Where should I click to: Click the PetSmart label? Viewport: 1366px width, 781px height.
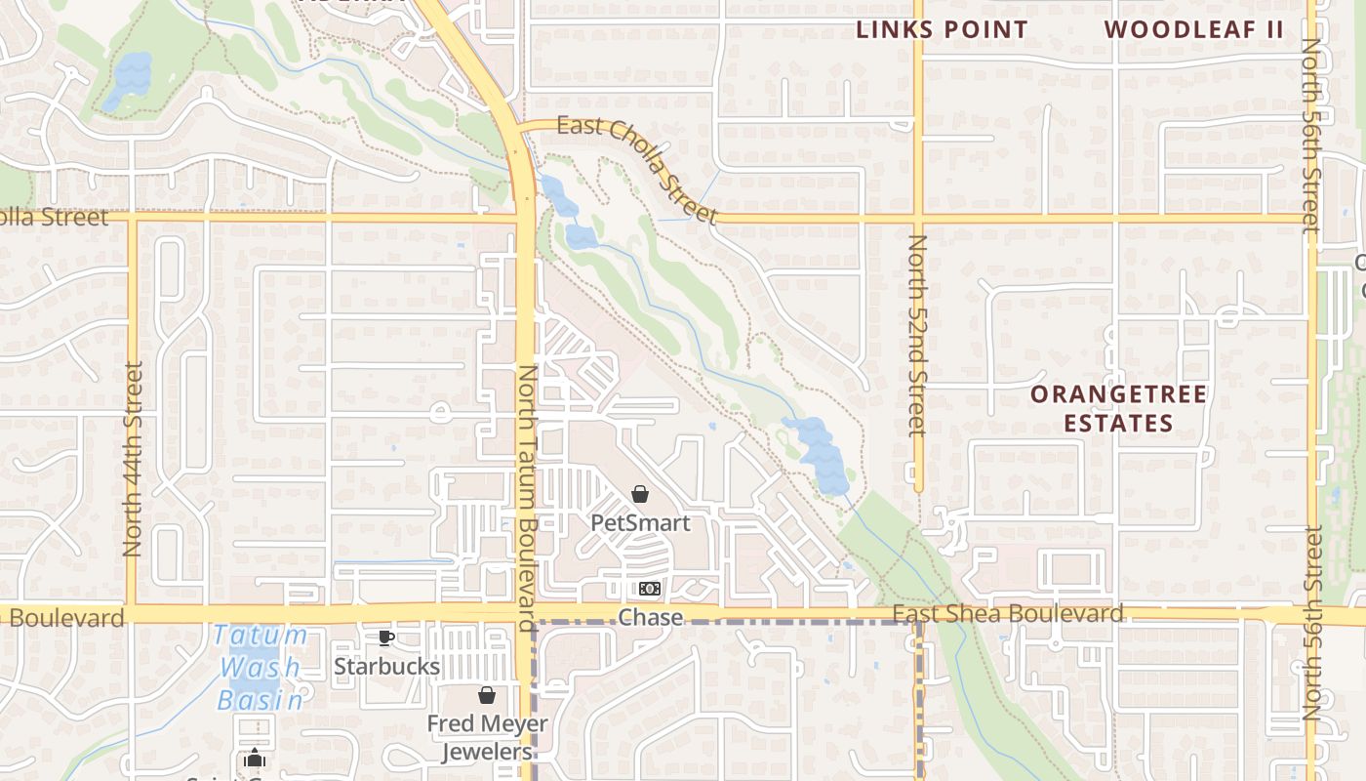click(x=640, y=522)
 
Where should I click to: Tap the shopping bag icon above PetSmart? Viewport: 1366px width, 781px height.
click(x=640, y=494)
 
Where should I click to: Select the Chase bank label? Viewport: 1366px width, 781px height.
click(x=651, y=617)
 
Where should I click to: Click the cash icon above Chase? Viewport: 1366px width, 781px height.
click(x=650, y=589)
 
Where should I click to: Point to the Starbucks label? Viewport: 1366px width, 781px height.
click(x=386, y=666)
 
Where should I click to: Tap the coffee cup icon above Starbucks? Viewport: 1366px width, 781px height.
click(x=386, y=638)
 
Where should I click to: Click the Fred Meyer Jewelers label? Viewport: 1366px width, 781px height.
click(x=487, y=737)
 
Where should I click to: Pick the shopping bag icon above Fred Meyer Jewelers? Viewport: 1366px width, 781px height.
click(x=487, y=695)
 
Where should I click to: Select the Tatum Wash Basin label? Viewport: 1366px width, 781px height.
click(x=260, y=668)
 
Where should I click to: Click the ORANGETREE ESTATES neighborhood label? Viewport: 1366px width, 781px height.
click(x=1118, y=408)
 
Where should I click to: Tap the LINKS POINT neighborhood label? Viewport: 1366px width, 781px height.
click(x=942, y=30)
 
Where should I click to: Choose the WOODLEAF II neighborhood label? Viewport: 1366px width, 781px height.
click(x=1194, y=29)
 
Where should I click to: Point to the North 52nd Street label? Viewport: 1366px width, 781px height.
click(x=917, y=334)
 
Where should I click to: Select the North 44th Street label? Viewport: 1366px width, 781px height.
click(x=134, y=459)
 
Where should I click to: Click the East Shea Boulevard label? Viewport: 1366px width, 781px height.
click(x=1008, y=614)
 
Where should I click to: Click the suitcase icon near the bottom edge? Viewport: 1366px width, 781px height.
click(x=255, y=758)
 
